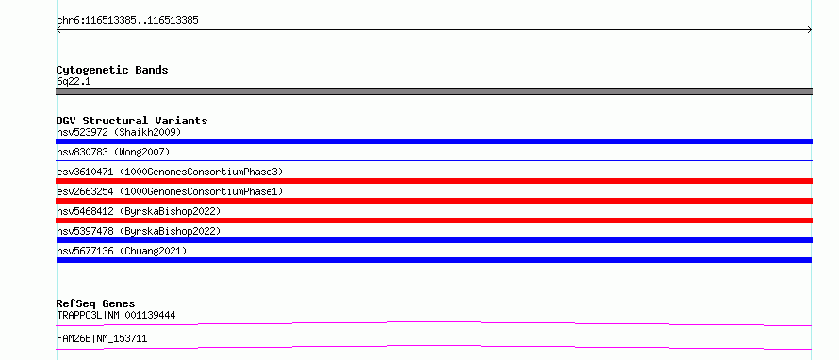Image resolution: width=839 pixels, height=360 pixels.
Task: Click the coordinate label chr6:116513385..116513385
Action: (x=127, y=21)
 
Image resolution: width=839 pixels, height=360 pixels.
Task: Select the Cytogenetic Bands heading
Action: (x=112, y=70)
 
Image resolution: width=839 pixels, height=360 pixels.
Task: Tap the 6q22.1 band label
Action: (x=74, y=81)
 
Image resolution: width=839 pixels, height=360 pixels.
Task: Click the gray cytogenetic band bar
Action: (x=434, y=91)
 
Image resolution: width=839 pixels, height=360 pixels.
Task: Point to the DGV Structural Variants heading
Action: (x=132, y=121)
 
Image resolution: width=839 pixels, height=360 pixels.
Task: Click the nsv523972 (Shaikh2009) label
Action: (x=119, y=132)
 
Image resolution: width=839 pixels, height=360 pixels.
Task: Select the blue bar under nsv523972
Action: (x=434, y=141)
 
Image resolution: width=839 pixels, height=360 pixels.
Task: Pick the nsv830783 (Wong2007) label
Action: (x=113, y=153)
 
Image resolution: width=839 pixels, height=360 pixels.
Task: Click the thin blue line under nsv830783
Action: (x=434, y=160)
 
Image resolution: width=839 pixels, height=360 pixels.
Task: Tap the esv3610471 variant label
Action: (x=170, y=172)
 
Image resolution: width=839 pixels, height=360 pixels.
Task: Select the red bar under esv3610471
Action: (x=434, y=181)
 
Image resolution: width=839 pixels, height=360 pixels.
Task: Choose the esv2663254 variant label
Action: (x=170, y=191)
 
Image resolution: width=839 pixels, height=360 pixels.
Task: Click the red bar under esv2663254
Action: (x=434, y=201)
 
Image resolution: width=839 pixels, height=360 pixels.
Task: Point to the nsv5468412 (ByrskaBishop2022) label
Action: (x=139, y=211)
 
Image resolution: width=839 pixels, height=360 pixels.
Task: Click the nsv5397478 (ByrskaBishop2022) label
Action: (x=139, y=231)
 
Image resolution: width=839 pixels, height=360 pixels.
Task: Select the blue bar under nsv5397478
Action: (x=434, y=240)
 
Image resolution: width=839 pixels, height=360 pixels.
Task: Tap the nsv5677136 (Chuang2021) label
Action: (x=122, y=251)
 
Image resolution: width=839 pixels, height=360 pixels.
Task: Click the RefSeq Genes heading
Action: (x=96, y=303)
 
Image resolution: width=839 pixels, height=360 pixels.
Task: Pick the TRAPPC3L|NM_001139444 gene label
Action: (x=116, y=315)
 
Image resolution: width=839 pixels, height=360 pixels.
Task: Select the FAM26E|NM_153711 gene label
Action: (x=102, y=338)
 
